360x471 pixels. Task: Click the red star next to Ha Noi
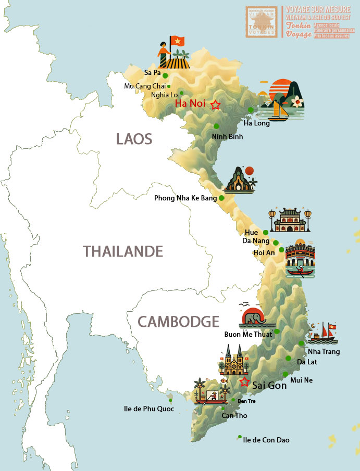(215, 105)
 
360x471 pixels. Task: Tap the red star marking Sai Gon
(244, 382)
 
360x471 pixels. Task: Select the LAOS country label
(134, 139)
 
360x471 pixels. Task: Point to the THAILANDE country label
(123, 252)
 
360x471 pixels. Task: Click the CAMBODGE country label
(178, 321)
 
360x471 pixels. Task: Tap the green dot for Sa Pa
(165, 75)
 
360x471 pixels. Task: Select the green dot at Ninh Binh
(216, 126)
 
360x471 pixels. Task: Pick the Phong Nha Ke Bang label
(185, 198)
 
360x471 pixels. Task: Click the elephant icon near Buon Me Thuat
(253, 316)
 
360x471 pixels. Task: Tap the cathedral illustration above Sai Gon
(233, 360)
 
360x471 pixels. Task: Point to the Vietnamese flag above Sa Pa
(178, 41)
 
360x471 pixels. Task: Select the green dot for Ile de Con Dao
(240, 437)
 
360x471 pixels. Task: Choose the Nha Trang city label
(324, 352)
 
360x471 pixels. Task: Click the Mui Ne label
(302, 380)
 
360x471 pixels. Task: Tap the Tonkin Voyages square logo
(263, 21)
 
